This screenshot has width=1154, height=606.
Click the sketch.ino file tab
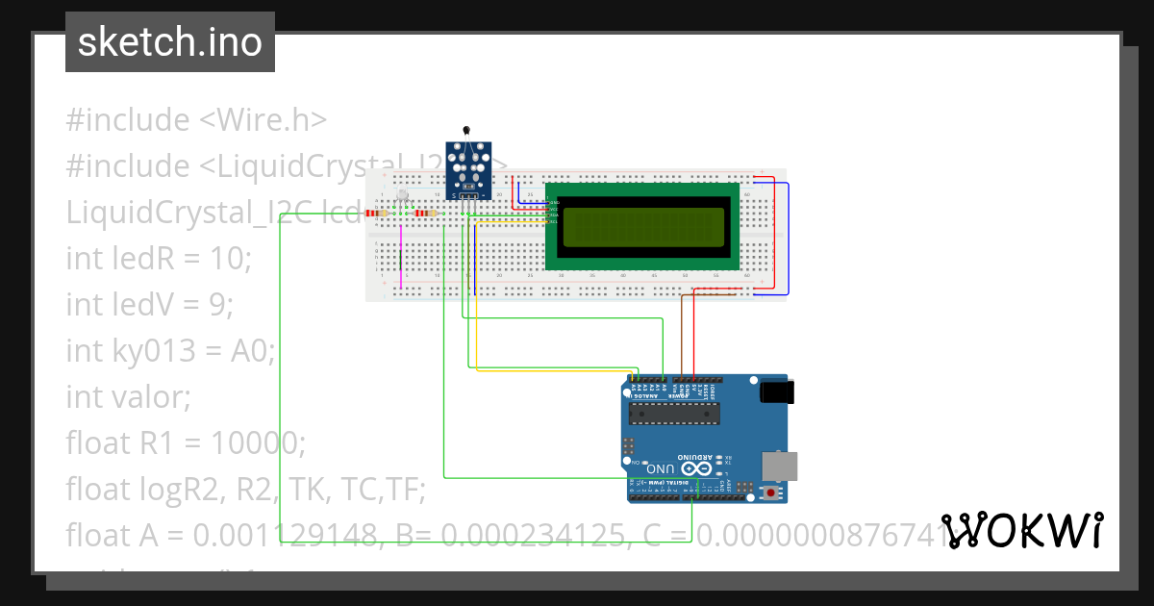pyautogui.click(x=170, y=42)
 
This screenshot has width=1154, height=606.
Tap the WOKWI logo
pyautogui.click(x=1022, y=530)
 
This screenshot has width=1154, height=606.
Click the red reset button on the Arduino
pyautogui.click(x=770, y=492)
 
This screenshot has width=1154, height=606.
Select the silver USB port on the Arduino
pyautogui.click(x=779, y=466)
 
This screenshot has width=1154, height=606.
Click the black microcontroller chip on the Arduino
pyautogui.click(x=673, y=413)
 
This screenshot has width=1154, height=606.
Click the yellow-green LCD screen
pyautogui.click(x=641, y=227)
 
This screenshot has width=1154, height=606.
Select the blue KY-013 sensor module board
pyautogui.click(x=468, y=169)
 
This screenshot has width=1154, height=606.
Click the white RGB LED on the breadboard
pyautogui.click(x=403, y=199)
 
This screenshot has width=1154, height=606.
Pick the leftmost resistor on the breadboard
pyautogui.click(x=376, y=213)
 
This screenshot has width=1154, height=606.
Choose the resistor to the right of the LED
pyautogui.click(x=423, y=213)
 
